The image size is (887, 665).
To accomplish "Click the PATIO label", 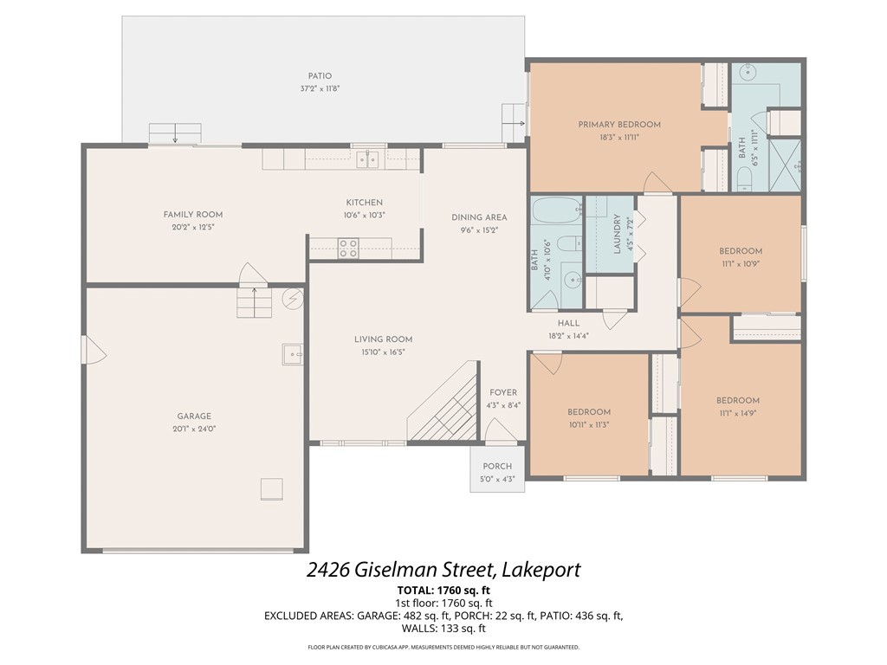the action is [x=320, y=76].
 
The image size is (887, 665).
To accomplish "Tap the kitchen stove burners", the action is [x=348, y=249].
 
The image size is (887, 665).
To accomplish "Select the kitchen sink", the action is [x=367, y=159].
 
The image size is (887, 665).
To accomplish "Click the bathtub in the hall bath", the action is [x=557, y=210].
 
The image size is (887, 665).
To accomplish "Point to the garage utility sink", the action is [x=293, y=354].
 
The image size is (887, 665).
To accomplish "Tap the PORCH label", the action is [x=497, y=467].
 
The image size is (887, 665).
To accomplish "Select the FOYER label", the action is [x=503, y=392].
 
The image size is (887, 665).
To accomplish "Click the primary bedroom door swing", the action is [x=658, y=182].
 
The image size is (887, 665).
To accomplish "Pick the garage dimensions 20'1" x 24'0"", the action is [x=194, y=429].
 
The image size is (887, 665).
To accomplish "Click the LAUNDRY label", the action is [x=617, y=234].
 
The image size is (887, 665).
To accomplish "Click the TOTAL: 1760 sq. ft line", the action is [x=443, y=591].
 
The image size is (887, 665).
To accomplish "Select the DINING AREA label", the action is [x=479, y=217].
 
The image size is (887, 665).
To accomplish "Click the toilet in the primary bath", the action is [x=742, y=180].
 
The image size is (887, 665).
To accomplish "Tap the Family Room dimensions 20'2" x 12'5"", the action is [x=193, y=228].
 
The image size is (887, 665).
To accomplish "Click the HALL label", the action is [x=568, y=323].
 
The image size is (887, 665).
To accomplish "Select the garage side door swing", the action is [x=94, y=350].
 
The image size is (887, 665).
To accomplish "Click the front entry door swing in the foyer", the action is [x=501, y=430].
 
